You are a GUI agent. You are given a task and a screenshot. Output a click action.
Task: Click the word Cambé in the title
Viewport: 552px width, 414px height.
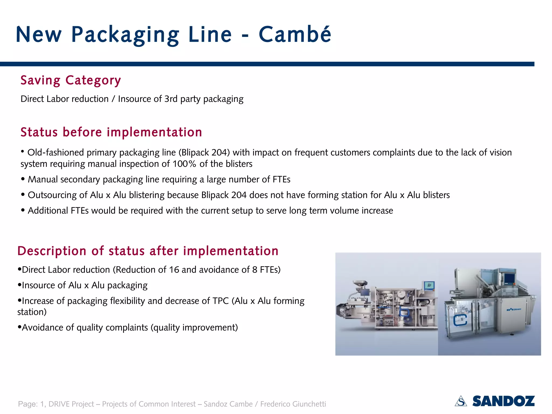tap(295, 34)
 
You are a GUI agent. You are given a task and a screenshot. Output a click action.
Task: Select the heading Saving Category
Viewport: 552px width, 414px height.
tap(71, 80)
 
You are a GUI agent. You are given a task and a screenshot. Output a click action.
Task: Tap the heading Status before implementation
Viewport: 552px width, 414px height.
tap(111, 132)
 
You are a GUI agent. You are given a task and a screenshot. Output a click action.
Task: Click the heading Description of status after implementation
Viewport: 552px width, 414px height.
tap(148, 251)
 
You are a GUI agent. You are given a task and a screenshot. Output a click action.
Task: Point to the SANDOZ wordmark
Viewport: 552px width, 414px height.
tap(503, 401)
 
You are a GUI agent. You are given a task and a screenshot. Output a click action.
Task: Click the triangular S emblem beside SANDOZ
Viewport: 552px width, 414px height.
tap(461, 401)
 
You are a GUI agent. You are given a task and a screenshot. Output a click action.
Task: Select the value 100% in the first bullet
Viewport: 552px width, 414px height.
tap(184, 164)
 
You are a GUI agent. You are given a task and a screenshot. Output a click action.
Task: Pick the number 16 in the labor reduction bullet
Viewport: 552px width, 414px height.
tap(174, 270)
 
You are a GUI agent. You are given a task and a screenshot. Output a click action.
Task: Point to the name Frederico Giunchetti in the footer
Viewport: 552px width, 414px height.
tap(293, 404)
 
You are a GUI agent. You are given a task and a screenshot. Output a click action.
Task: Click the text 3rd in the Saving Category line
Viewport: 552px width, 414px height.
tap(171, 99)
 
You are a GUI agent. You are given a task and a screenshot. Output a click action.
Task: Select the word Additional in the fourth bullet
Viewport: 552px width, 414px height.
tap(48, 211)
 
